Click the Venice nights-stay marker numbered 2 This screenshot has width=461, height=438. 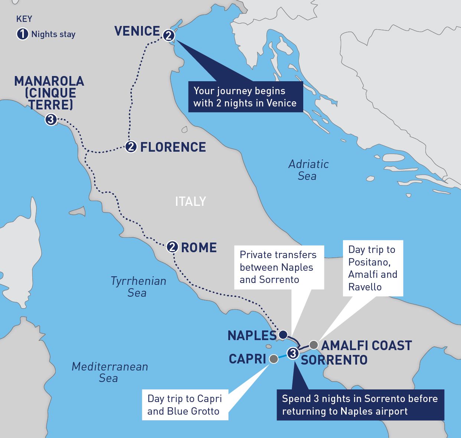168,36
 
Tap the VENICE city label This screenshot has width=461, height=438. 137,31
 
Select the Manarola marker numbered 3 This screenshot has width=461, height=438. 50,120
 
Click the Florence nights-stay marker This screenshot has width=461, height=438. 131,146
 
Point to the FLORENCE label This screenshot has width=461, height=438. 173,147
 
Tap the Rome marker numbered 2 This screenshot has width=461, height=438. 172,247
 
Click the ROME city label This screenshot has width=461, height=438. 199,248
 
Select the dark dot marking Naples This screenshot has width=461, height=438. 282,334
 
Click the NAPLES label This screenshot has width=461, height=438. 252,336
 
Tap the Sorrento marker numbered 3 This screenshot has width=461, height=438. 293,353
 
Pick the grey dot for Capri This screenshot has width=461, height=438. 274,359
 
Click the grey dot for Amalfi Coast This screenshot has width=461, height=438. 313,345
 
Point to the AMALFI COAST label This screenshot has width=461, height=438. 366,346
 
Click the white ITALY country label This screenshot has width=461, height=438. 190,201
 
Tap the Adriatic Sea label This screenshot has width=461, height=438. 308,170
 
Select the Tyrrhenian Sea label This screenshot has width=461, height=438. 138,287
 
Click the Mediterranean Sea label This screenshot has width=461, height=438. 109,372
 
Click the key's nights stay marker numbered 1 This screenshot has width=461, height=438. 22,34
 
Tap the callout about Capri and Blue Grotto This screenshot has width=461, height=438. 185,405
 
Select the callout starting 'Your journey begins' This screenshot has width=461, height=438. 245,97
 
